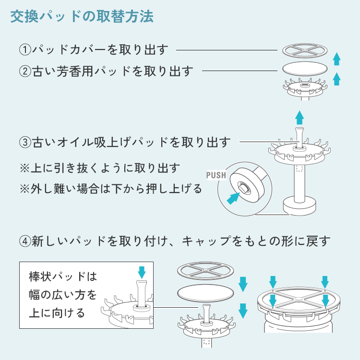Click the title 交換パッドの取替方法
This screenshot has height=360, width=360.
click(x=82, y=18)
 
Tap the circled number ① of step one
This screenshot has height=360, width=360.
click(x=24, y=49)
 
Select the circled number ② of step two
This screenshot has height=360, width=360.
click(x=24, y=72)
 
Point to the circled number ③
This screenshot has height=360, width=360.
click(x=24, y=142)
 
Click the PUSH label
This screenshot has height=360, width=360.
click(x=216, y=175)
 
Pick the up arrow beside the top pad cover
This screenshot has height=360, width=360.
click(x=337, y=59)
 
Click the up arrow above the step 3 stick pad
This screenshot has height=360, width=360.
click(x=299, y=117)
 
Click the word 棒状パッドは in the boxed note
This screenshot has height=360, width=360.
click(x=63, y=277)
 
